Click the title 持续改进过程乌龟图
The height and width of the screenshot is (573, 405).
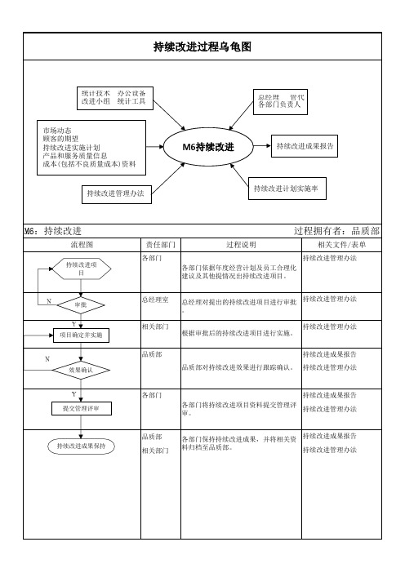(202, 47)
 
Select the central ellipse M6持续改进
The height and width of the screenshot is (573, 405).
(208, 147)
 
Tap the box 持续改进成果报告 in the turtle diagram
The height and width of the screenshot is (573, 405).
(305, 146)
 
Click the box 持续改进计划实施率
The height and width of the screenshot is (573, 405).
(287, 189)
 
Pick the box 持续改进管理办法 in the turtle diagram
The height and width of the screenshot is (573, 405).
(117, 193)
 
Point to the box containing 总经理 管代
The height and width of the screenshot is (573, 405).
(280, 101)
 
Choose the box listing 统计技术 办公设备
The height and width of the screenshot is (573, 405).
(115, 98)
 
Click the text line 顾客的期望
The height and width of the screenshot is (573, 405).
(60, 139)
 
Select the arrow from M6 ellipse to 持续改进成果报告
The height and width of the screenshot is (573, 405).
(262, 146)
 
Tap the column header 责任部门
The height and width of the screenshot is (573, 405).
(161, 245)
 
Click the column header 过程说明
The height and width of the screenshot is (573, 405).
(241, 245)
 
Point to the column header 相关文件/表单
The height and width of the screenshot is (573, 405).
(342, 245)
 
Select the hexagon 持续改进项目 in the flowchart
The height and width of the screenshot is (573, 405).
(81, 269)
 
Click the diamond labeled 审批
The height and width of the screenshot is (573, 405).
(81, 304)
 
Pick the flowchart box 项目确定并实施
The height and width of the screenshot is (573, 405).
(81, 335)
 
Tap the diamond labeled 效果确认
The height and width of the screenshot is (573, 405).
(81, 371)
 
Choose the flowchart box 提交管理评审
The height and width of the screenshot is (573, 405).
(81, 409)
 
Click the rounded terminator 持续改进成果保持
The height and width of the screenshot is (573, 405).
(81, 446)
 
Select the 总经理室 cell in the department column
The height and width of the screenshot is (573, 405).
(155, 300)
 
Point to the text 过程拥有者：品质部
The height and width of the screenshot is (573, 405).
(336, 231)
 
